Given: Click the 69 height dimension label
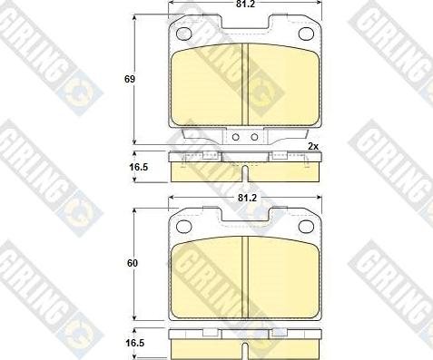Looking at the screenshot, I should pos(130,80).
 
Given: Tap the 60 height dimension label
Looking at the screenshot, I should pos(130,263).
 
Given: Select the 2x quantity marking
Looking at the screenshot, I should pos(312,146).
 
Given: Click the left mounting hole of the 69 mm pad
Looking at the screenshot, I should pos(183,34).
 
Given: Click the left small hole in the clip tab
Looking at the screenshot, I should pos(235,138).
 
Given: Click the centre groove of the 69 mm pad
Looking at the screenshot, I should pos(248,82).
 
